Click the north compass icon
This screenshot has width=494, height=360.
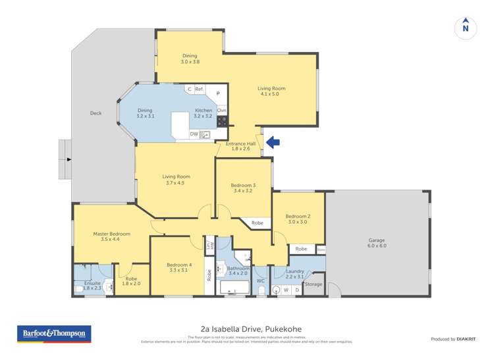(x=466, y=27)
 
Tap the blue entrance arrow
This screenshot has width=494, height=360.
(x=272, y=142)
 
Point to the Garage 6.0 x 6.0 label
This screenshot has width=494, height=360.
(x=377, y=243)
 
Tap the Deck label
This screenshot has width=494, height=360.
(x=96, y=113)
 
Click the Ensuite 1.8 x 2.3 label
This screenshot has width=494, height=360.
(x=87, y=285)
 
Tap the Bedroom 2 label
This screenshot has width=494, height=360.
(x=298, y=219)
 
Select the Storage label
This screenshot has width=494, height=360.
(x=314, y=284)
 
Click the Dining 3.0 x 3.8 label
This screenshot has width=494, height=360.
(x=190, y=59)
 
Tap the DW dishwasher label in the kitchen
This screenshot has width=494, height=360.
(x=194, y=134)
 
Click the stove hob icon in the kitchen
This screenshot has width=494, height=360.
(x=222, y=121)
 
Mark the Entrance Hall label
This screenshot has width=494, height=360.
(x=240, y=146)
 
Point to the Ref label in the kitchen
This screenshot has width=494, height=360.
(x=198, y=89)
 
